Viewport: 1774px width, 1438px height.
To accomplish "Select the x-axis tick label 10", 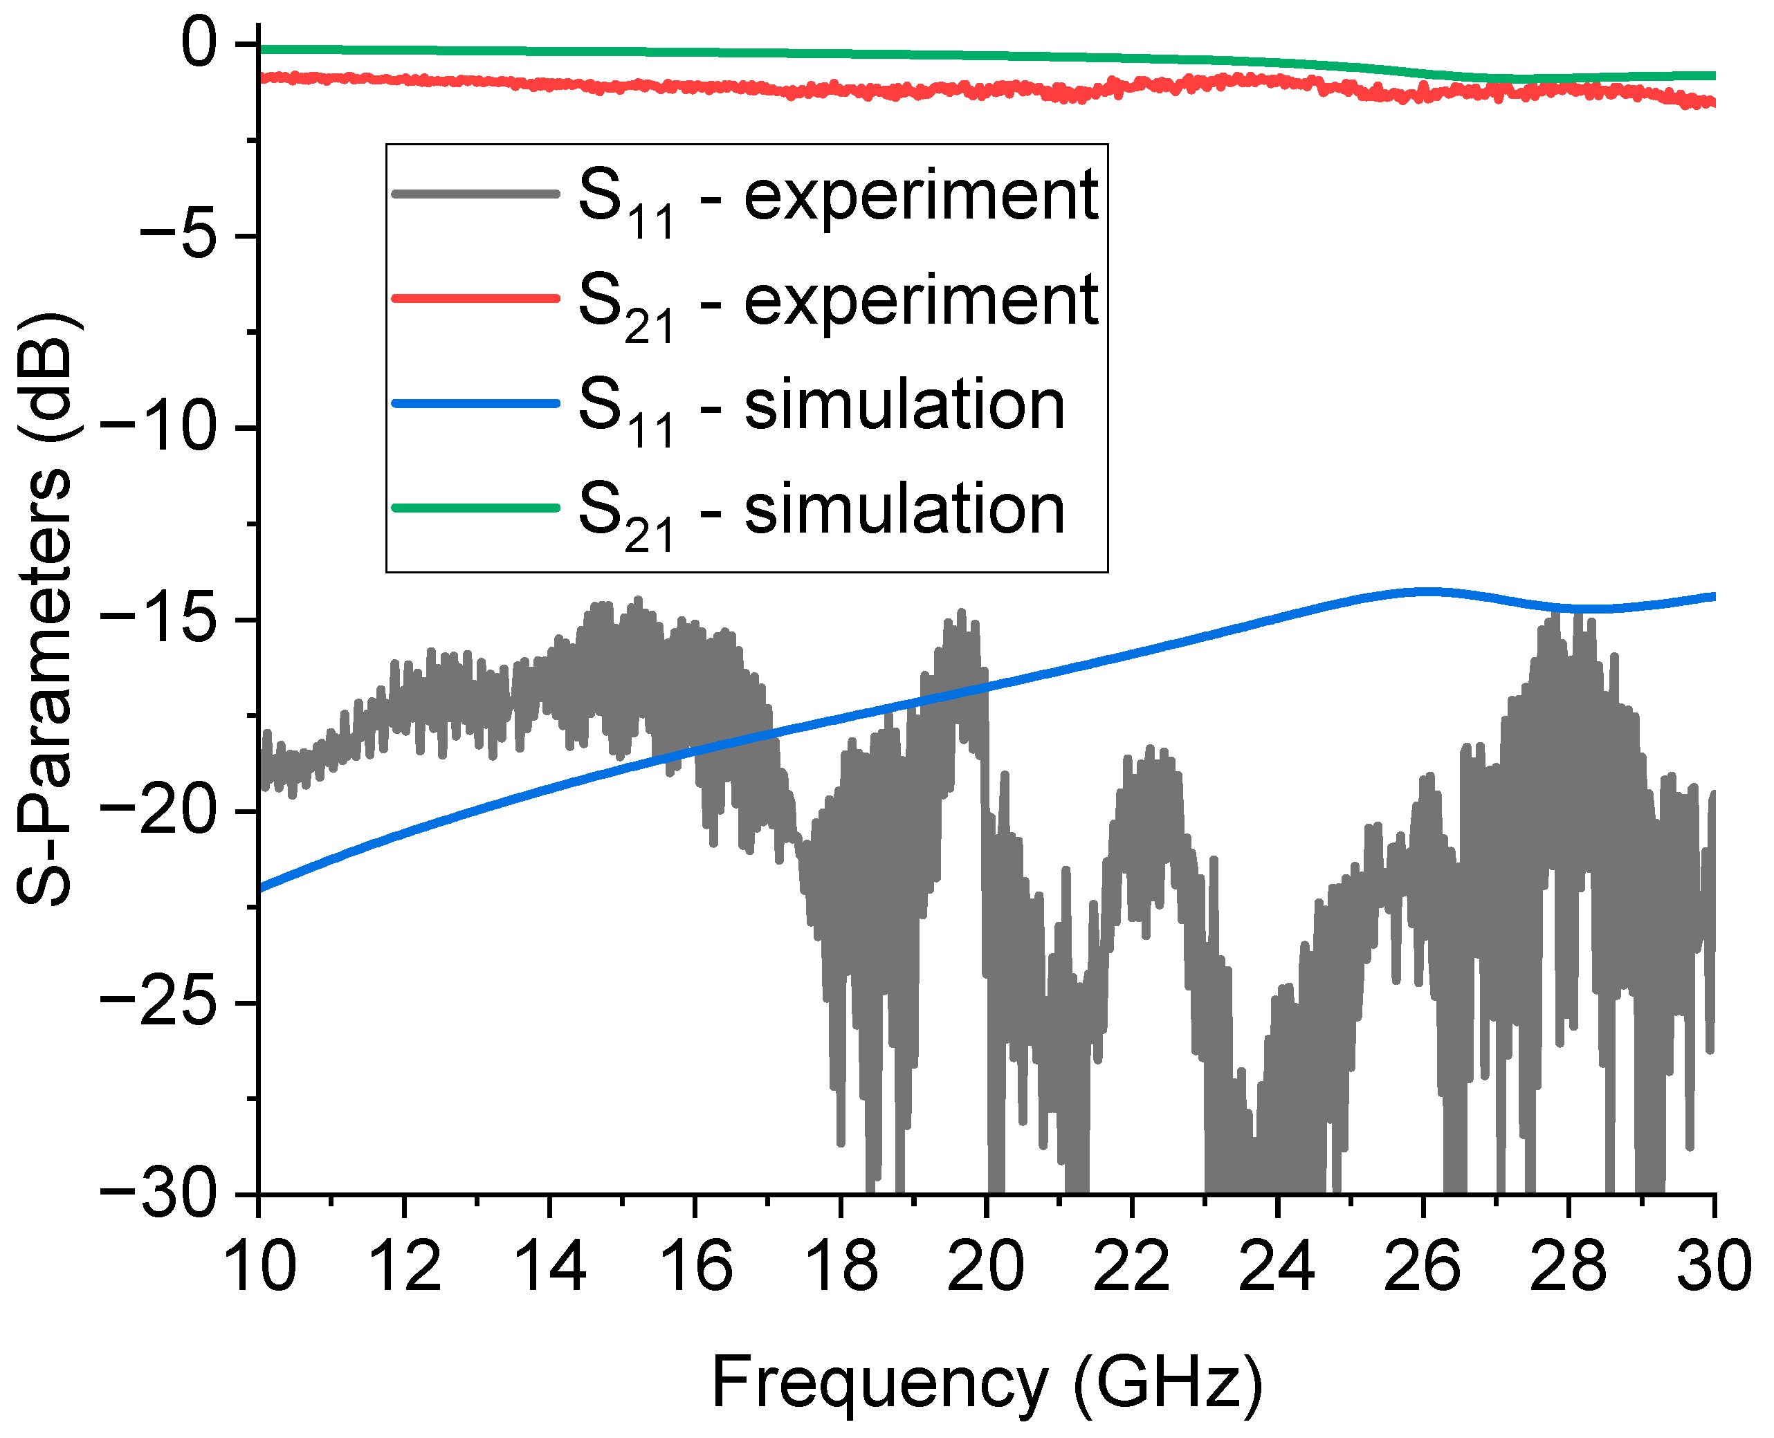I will tap(259, 1267).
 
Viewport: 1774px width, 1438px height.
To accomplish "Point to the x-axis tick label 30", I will tap(1712, 1267).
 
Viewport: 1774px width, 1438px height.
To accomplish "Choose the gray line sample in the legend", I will tap(475, 194).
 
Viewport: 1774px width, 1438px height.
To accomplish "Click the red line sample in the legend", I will tap(475, 298).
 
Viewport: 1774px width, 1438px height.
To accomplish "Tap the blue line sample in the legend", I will tap(475, 403).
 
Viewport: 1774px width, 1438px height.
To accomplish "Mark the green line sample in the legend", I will tap(475, 508).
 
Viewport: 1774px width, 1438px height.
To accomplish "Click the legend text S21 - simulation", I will tap(821, 510).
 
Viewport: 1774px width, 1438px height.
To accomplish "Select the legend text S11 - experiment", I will tap(837, 197).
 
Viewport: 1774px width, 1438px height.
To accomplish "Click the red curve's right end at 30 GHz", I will tap(1711, 102).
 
